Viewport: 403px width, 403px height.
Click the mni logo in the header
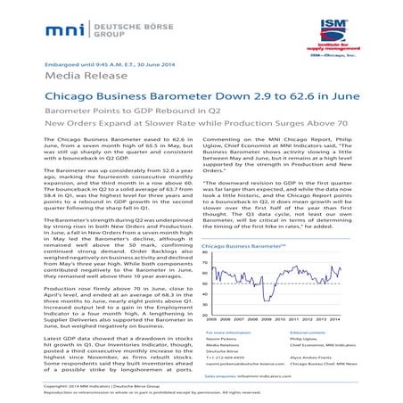(72, 30)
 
